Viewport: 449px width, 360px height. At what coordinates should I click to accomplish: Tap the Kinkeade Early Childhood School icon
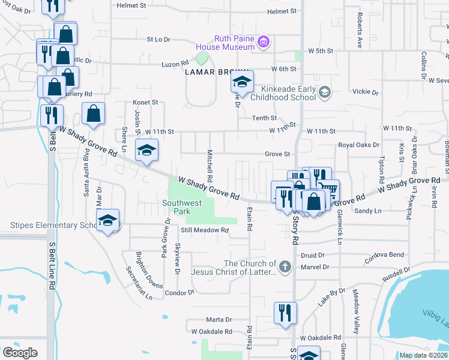tap(325, 92)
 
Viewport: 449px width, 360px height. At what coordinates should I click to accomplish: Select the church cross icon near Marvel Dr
tap(285, 266)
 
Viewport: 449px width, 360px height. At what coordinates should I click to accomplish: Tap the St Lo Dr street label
tap(159, 40)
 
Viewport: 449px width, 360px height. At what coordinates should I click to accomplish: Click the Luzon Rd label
tap(175, 63)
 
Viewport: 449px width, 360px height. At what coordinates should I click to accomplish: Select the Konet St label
tap(145, 103)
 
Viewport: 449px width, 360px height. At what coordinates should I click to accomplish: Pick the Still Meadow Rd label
tap(205, 230)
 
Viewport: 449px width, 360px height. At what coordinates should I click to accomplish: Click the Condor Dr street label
tap(180, 293)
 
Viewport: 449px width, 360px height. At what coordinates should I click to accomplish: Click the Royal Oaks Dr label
tap(359, 145)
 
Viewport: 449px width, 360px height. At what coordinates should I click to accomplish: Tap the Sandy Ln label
tap(368, 211)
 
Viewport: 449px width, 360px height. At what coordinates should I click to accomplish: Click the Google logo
tap(20, 352)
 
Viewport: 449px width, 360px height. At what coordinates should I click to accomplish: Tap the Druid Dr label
tap(312, 255)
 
